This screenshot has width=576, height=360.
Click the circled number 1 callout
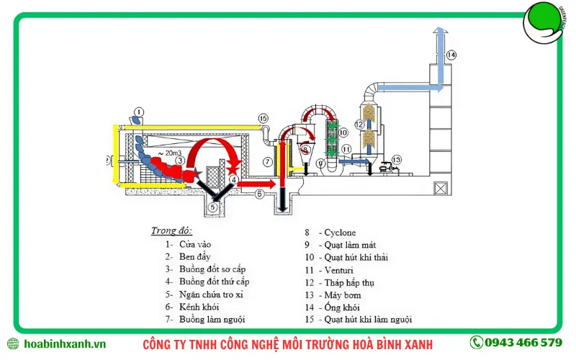pyautogui.click(x=139, y=112)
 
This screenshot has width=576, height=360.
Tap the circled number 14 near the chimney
pyautogui.click(x=451, y=54)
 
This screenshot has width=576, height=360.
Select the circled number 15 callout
pyautogui.click(x=263, y=118)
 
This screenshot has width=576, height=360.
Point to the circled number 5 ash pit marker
pyautogui.click(x=212, y=207)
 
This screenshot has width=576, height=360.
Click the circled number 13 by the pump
pyautogui.click(x=396, y=160)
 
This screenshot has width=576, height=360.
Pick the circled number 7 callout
pyautogui.click(x=267, y=161)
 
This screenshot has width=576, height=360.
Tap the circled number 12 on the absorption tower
pyautogui.click(x=359, y=124)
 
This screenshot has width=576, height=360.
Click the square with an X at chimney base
pyautogui.click(x=438, y=188)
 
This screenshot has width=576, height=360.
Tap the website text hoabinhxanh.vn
pyautogui.click(x=65, y=343)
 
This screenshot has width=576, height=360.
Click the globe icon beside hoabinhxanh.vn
pyautogui.click(x=12, y=343)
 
